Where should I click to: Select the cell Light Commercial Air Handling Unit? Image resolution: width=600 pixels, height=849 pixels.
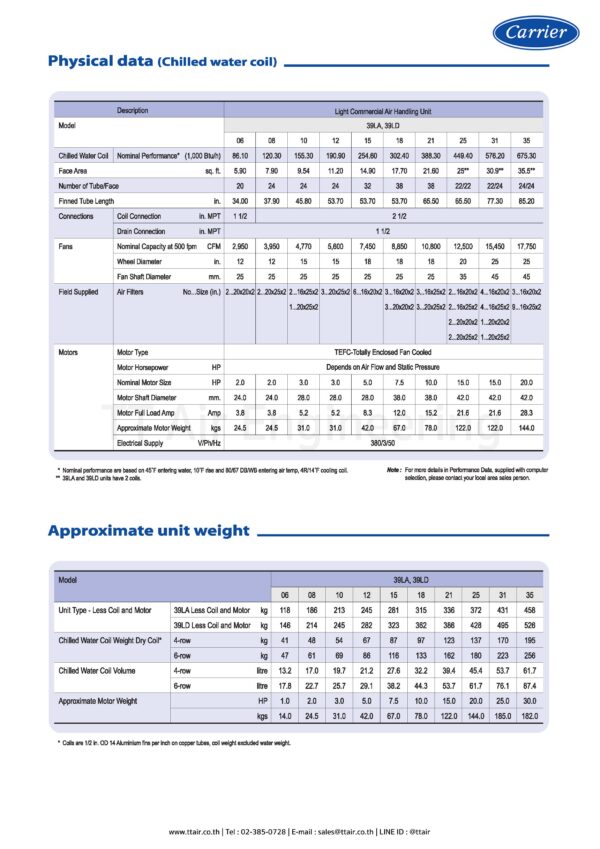coord(384,110)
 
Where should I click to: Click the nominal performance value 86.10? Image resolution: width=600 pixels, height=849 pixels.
coord(240,156)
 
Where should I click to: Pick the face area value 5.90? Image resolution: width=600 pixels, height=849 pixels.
coord(240,171)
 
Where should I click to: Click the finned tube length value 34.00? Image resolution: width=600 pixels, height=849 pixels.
coord(240,201)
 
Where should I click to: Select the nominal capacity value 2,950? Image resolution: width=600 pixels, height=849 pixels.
coord(240,245)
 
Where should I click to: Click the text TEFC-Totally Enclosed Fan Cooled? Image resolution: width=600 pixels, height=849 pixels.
coord(384,353)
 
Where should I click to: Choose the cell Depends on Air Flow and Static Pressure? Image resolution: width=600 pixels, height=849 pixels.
coord(384,368)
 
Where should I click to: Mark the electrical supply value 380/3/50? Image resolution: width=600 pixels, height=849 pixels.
coord(384,441)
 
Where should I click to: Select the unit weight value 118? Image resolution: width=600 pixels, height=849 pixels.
coord(285,609)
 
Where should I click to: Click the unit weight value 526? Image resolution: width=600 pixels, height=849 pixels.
coord(529,623)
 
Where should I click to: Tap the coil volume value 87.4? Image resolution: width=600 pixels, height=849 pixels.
coord(529,685)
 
